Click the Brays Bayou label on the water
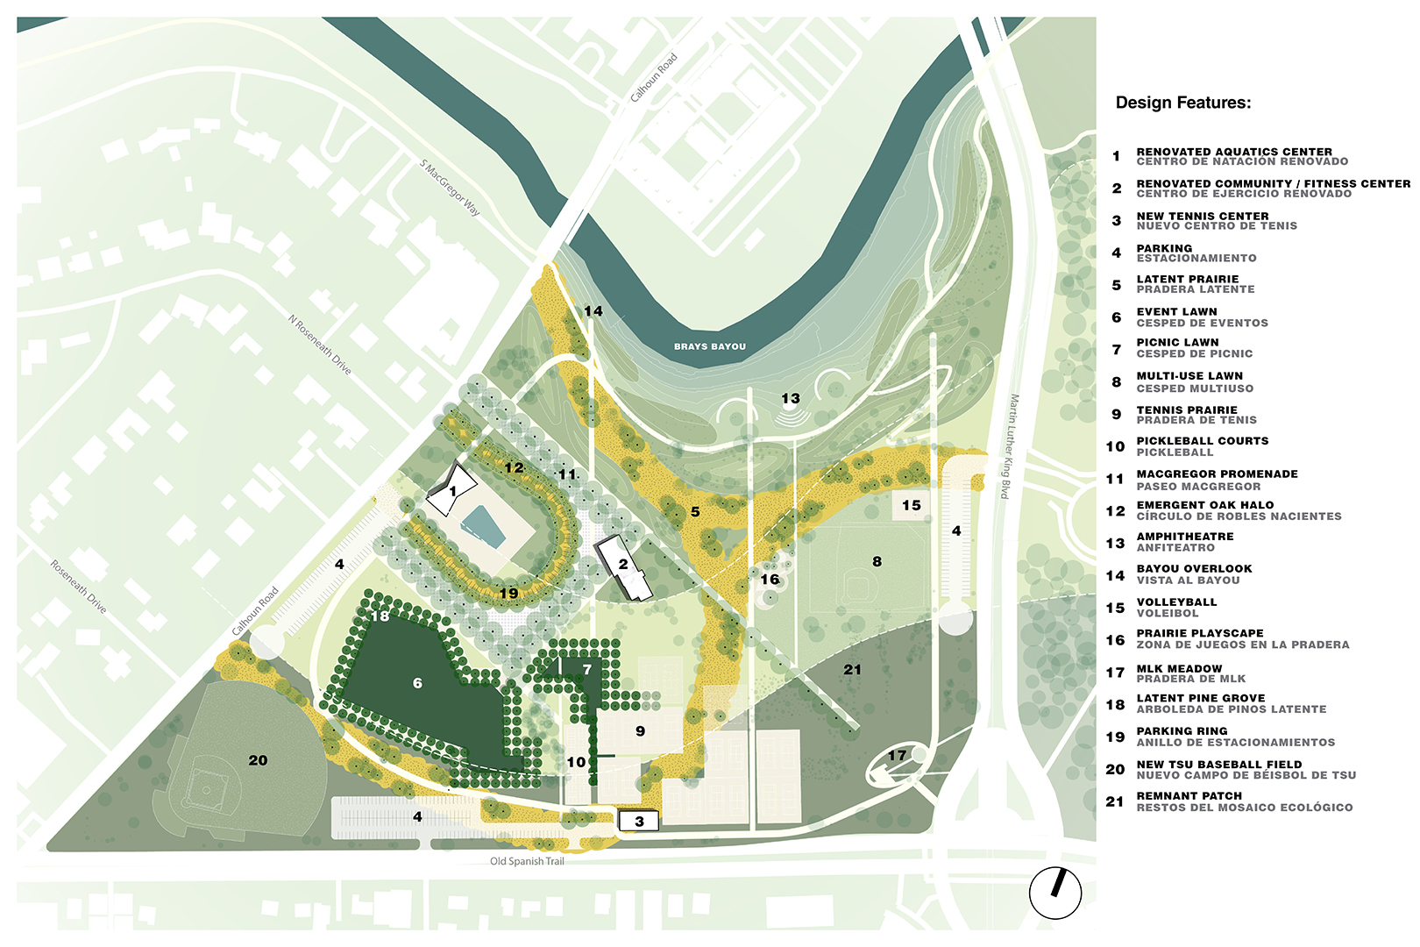pyautogui.click(x=709, y=346)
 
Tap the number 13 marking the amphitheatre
pyautogui.click(x=791, y=398)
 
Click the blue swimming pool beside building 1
pyautogui.click(x=484, y=525)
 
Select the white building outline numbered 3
pyautogui.click(x=639, y=821)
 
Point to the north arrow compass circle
pyautogui.click(x=1054, y=893)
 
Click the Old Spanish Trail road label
pyautogui.click(x=527, y=861)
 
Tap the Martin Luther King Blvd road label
pyautogui.click(x=1010, y=447)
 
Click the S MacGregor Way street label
pyautogui.click(x=450, y=188)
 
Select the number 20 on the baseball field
pyautogui.click(x=258, y=760)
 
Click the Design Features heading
pyautogui.click(x=1182, y=103)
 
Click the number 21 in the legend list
pyautogui.click(x=1114, y=801)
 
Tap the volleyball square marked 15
pyautogui.click(x=912, y=505)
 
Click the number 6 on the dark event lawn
pyautogui.click(x=417, y=682)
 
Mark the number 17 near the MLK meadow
pyautogui.click(x=897, y=755)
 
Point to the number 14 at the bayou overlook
pyautogui.click(x=593, y=311)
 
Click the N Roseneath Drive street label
pyautogui.click(x=320, y=345)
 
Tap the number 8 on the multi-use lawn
pyautogui.click(x=877, y=561)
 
